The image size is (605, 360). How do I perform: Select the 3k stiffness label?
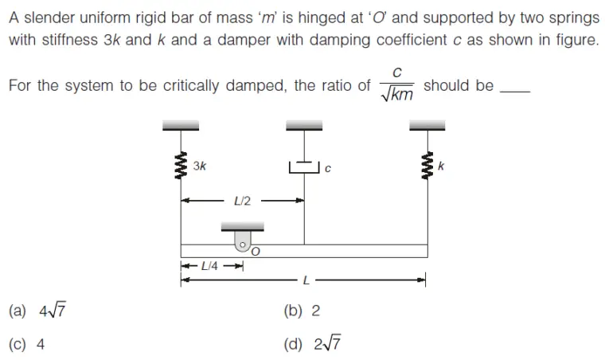(200, 166)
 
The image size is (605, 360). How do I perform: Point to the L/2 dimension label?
(243, 201)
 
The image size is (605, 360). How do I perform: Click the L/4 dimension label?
(211, 265)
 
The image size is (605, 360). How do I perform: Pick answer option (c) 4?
(28, 345)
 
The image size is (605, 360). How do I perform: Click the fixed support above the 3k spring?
(181, 125)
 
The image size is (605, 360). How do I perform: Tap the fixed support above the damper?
(304, 125)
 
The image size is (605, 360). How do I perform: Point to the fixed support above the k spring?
(427, 125)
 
